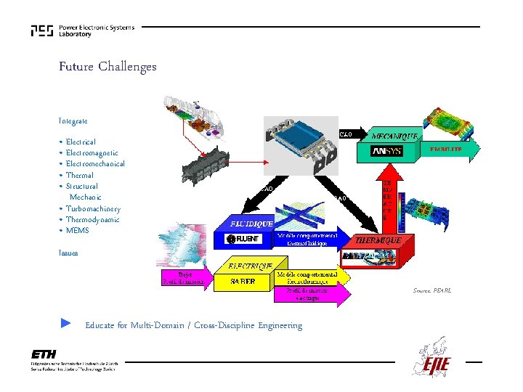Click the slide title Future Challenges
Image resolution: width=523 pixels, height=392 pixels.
coord(108,67)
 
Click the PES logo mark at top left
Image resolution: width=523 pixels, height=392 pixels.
coord(41,30)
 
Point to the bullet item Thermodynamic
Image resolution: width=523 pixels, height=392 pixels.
coord(92,220)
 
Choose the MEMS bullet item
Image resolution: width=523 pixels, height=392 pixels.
coord(77,231)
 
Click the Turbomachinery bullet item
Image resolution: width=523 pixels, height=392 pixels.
coord(93,209)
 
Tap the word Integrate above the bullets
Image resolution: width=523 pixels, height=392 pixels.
coord(73,121)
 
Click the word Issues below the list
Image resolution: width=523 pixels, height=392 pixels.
coord(68,253)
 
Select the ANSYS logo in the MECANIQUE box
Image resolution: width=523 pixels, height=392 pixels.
coord(387,152)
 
